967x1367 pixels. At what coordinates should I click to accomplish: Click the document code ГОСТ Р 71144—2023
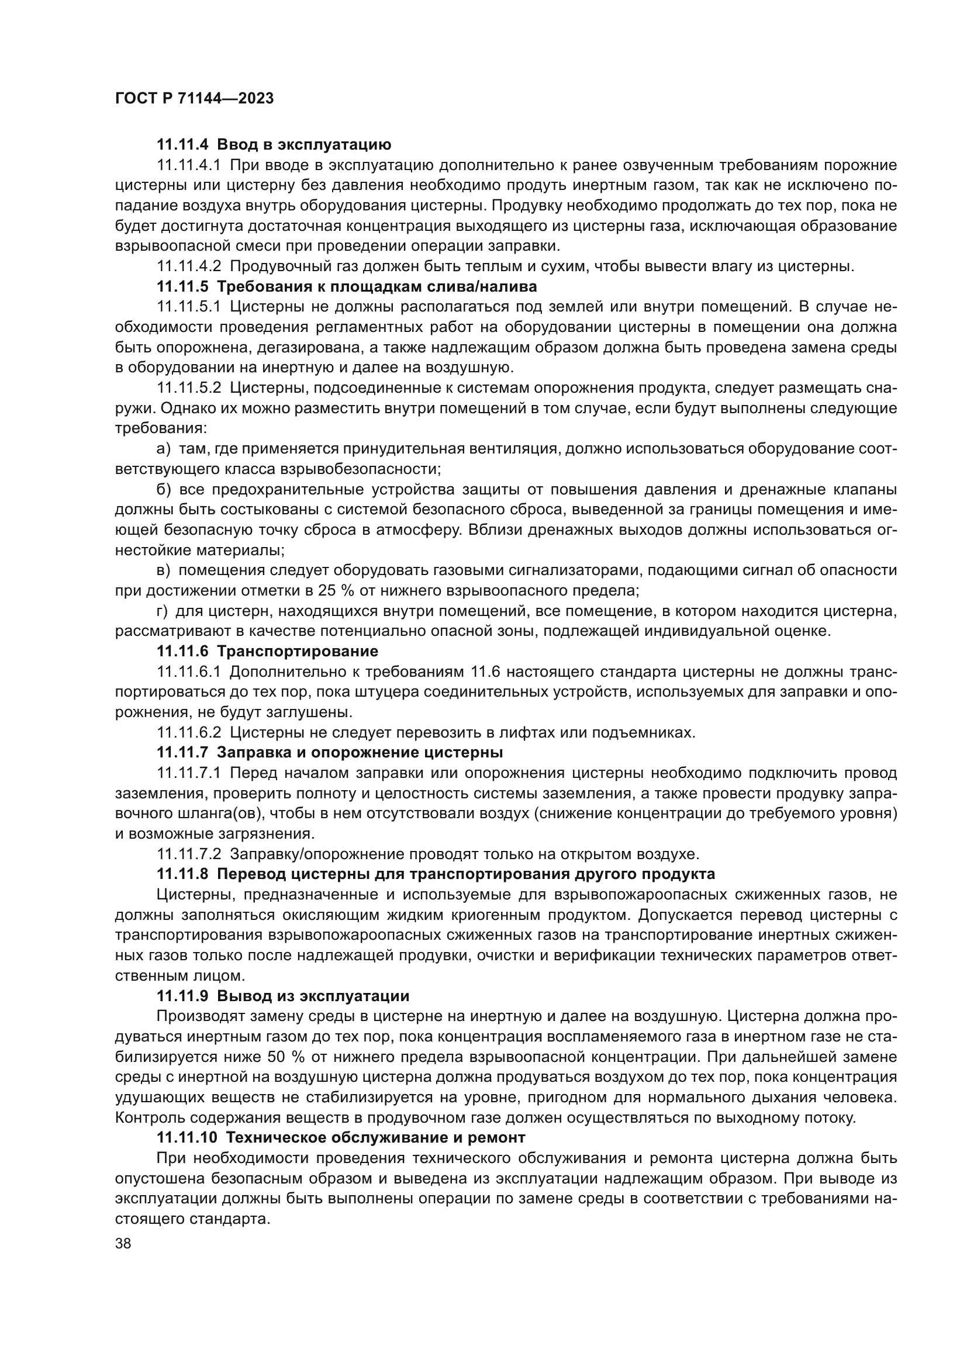pos(194,98)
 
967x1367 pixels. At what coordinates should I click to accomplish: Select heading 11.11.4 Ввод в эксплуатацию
pos(274,144)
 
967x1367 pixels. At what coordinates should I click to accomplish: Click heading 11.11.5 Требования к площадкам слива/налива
pos(347,286)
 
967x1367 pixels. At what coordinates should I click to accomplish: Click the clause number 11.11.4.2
pos(189,266)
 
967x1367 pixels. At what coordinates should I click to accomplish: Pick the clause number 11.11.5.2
pos(189,387)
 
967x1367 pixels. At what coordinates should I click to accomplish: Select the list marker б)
pos(164,489)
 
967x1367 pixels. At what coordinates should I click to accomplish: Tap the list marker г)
pos(163,611)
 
